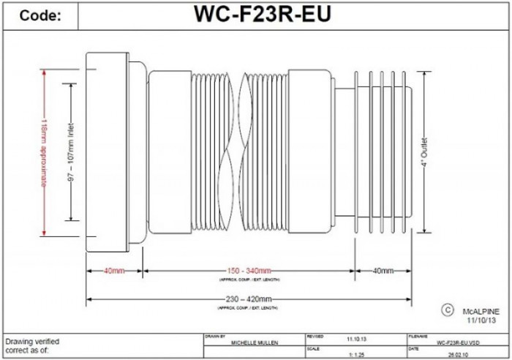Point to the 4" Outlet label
click(x=424, y=154)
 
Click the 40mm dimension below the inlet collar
click(x=114, y=271)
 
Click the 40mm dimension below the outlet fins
click(x=382, y=271)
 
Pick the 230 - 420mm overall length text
click(x=249, y=299)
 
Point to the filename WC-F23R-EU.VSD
click(x=456, y=342)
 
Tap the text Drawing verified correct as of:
click(x=32, y=345)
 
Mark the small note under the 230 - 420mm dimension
click(x=249, y=308)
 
